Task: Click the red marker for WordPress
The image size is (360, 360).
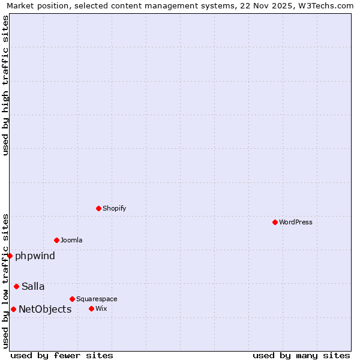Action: [275, 222]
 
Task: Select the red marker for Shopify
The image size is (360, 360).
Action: [98, 208]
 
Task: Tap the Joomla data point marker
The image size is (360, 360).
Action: [56, 240]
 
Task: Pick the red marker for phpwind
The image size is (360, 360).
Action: [10, 256]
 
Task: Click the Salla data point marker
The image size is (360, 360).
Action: [16, 286]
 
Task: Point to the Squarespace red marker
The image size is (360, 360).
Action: [72, 299]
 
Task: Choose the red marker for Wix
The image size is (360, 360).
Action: [91, 308]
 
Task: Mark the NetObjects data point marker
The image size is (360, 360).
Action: [13, 309]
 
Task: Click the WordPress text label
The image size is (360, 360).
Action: [296, 222]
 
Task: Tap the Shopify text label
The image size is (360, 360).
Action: [114, 208]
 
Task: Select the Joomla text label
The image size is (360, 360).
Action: [71, 240]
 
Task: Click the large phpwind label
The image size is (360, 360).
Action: [35, 256]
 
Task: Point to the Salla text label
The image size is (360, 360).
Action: [33, 287]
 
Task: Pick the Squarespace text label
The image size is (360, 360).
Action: [97, 299]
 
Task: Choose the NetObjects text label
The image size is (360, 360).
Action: [45, 310]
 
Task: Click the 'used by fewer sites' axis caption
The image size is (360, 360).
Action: [62, 355]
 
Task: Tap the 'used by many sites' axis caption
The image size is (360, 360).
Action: [301, 355]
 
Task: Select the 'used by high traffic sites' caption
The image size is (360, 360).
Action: [5, 85]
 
